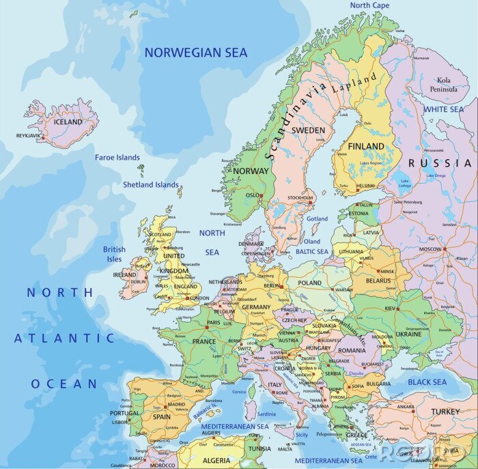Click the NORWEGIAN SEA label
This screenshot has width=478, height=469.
tap(195, 53)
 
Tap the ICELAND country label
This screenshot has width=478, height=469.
tap(68, 122)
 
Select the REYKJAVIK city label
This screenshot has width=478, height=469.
tap(28, 136)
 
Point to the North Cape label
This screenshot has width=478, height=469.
tap(369, 5)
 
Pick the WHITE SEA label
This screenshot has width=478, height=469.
tap(443, 109)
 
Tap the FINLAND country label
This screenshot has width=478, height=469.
tap(366, 147)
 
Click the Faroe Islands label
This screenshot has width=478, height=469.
tap(117, 158)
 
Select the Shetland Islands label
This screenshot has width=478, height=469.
tap(150, 184)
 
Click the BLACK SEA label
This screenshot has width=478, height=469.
tap(427, 382)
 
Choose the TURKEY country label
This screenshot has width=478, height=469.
tap(445, 412)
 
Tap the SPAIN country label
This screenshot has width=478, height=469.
tap(162, 416)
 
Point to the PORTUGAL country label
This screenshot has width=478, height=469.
tap(124, 413)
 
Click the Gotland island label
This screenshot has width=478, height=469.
tap(317, 219)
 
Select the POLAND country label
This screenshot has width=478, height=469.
tap(309, 283)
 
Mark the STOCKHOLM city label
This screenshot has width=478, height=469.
tap(299, 198)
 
